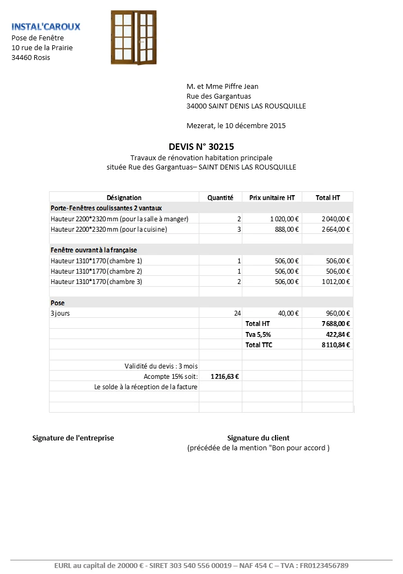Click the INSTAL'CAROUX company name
[x=46, y=26]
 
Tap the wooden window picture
[x=133, y=37]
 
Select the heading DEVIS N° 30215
[x=201, y=146]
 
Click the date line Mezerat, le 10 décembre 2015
[x=236, y=125]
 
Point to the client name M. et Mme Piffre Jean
[x=222, y=86]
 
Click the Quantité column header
[x=220, y=197]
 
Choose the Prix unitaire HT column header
[x=272, y=197]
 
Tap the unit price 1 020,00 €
[x=284, y=219]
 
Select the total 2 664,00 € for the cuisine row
[x=335, y=229]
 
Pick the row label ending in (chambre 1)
[x=96, y=261]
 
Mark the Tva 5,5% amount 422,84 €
[x=338, y=334]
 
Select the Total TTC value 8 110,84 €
[x=335, y=345]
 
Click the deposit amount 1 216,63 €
[x=225, y=376]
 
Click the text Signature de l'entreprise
[x=73, y=438]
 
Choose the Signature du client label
[x=258, y=438]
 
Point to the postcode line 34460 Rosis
[x=30, y=57]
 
